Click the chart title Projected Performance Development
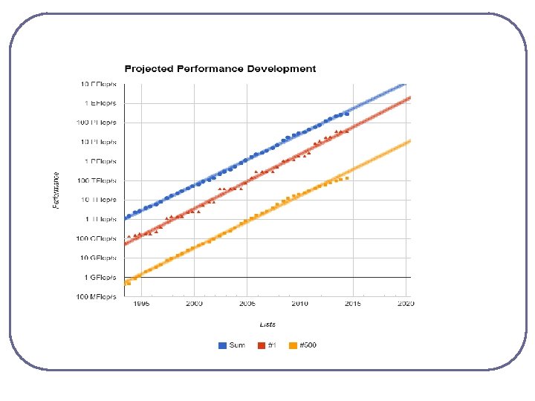click(x=219, y=69)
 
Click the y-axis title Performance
click(x=56, y=190)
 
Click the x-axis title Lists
click(x=267, y=324)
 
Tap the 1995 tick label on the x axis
click(x=142, y=304)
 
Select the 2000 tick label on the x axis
click(x=195, y=304)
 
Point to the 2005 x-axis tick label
click(x=247, y=304)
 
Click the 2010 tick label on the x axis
click(x=300, y=304)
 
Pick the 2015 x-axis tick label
click(x=353, y=304)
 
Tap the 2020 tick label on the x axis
click(x=406, y=304)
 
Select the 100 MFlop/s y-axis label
click(x=98, y=296)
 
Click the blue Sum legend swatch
click(x=222, y=345)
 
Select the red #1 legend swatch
click(x=262, y=345)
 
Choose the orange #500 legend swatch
click(x=294, y=345)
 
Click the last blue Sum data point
click(x=347, y=114)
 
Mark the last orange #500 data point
click(x=347, y=178)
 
